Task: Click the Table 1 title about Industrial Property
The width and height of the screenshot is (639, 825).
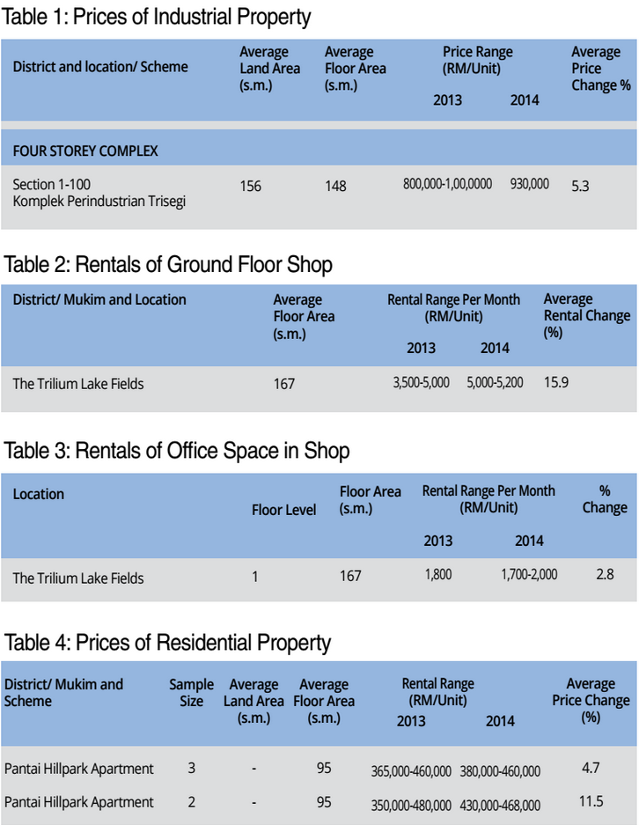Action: tap(158, 17)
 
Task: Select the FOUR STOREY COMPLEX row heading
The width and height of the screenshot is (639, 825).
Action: tap(85, 151)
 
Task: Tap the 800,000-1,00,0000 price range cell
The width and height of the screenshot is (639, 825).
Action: tap(447, 184)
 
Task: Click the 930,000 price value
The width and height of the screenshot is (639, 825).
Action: tap(529, 184)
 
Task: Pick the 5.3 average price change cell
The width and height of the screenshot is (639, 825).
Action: tap(580, 186)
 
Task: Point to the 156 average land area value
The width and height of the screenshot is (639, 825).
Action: tap(250, 186)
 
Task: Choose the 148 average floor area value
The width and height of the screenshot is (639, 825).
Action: tap(335, 186)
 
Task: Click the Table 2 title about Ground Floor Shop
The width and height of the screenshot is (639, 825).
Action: tap(168, 263)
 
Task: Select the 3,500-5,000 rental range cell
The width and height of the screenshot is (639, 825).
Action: tap(421, 383)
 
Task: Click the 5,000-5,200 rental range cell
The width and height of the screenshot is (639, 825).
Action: tap(496, 383)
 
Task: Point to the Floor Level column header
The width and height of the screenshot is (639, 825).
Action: tap(283, 510)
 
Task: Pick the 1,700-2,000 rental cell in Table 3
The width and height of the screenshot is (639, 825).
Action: tap(529, 575)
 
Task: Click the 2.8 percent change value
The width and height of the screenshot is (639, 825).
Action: tap(605, 575)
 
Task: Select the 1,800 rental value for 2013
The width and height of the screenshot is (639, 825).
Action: tap(437, 575)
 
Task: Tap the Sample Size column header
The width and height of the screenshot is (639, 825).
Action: tap(191, 692)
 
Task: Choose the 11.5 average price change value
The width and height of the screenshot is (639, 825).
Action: tap(591, 802)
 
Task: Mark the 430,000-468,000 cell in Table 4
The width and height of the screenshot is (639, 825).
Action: tap(500, 805)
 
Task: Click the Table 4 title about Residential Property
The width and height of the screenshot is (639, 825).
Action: tap(167, 642)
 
